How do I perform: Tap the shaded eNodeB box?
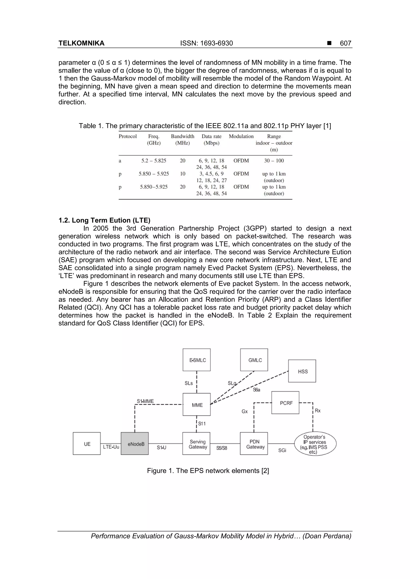point(135,443)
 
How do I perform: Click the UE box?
point(87,443)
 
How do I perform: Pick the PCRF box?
point(285,403)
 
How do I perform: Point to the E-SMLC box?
point(197,360)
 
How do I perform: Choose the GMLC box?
point(254,360)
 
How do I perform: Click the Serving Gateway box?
point(196,443)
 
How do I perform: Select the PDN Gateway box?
point(254,443)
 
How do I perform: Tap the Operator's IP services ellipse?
point(315,444)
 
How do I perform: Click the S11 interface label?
point(202,424)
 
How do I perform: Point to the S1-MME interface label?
point(145,401)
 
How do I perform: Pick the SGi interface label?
point(282,450)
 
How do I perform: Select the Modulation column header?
point(241,137)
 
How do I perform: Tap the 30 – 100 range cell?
point(274,161)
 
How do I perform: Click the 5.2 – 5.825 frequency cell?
point(154,161)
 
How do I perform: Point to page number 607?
point(345,43)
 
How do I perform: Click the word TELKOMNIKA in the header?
point(81,43)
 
